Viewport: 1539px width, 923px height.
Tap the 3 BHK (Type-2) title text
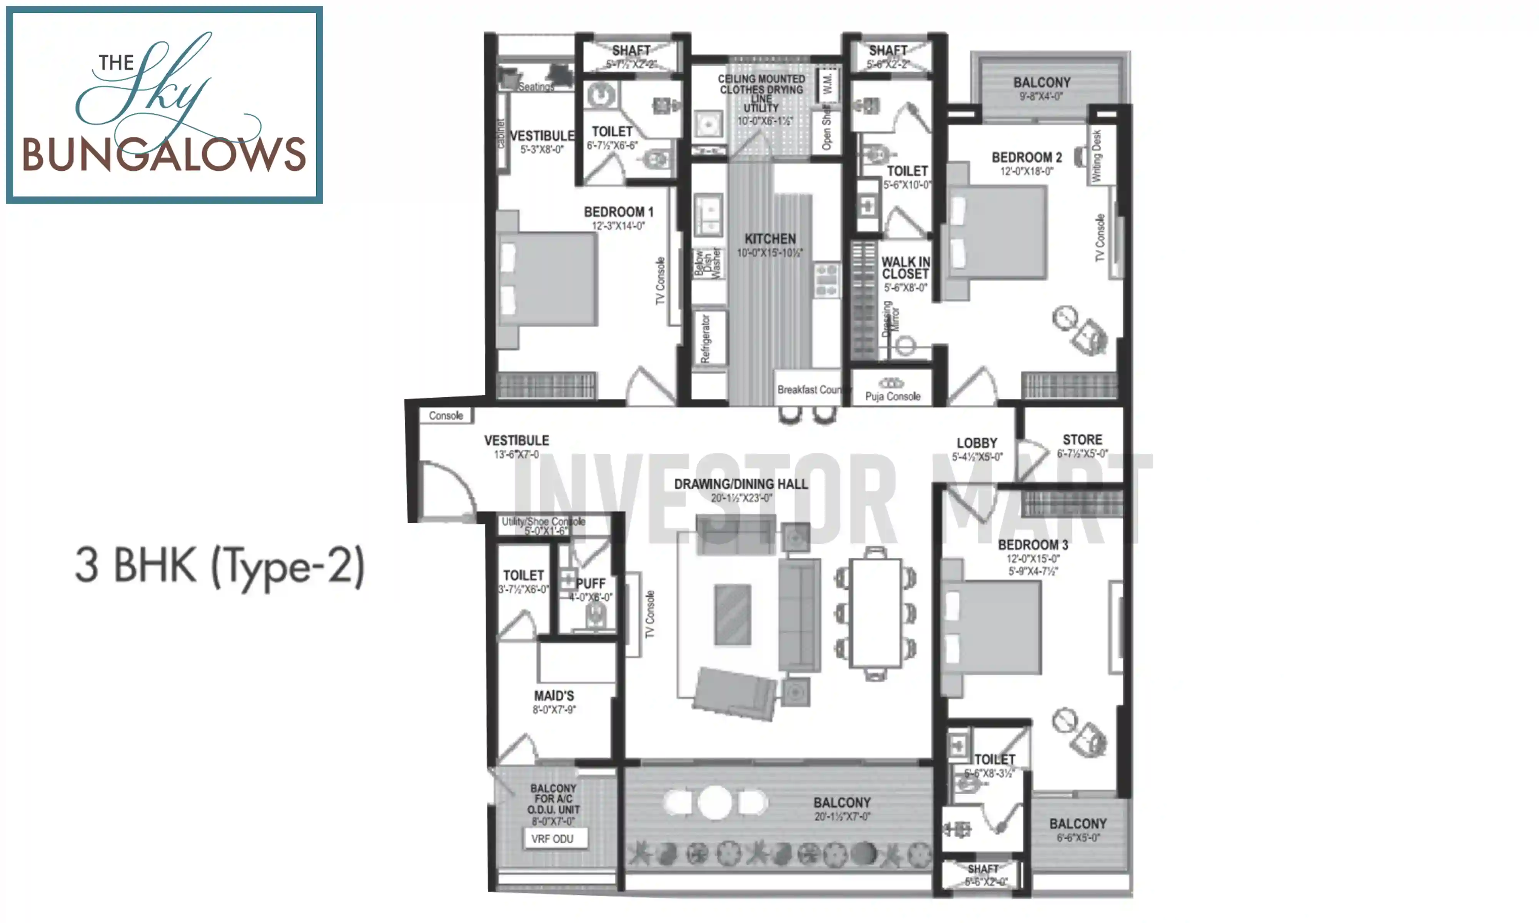pyautogui.click(x=219, y=566)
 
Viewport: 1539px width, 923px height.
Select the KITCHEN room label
pyautogui.click(x=770, y=239)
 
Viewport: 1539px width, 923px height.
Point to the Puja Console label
pyautogui.click(x=892, y=396)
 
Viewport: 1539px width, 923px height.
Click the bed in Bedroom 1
pyautogui.click(x=547, y=279)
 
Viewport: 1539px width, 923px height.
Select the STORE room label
pyautogui.click(x=1082, y=440)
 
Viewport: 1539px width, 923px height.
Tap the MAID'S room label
pyautogui.click(x=554, y=696)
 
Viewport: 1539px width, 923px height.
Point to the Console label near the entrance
pyautogui.click(x=446, y=415)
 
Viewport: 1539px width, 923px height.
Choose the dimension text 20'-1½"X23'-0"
pyautogui.click(x=741, y=498)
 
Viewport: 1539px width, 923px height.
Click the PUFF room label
pyautogui.click(x=590, y=583)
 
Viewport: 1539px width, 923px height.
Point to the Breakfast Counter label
pyautogui.click(x=808, y=389)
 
